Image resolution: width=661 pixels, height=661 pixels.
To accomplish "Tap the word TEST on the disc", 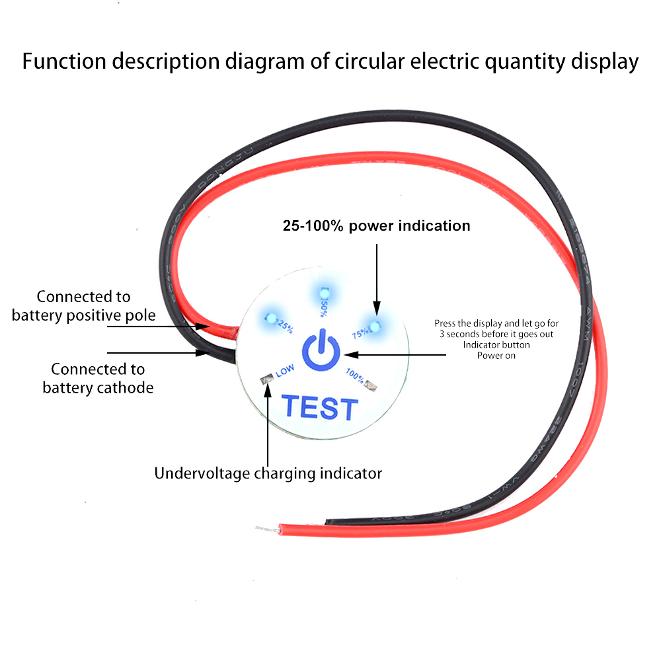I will (x=321, y=408).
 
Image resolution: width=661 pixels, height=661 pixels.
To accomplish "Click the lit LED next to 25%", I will (x=270, y=317).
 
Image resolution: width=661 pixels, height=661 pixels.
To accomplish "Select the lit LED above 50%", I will (x=323, y=293).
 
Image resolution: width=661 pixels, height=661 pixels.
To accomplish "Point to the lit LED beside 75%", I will (x=374, y=326).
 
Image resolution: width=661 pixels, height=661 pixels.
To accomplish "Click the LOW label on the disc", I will (x=285, y=371).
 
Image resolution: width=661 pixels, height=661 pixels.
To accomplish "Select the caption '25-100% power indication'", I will (x=376, y=226).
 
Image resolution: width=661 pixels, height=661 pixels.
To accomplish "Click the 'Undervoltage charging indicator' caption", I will (x=268, y=473).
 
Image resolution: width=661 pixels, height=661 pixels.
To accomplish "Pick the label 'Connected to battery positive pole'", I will (x=83, y=306).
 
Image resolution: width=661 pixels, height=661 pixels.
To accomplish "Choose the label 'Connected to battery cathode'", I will (x=98, y=378).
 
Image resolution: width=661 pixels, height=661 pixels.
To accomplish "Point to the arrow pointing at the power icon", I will (x=397, y=354).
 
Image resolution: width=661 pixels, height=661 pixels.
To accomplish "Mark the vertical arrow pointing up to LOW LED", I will (x=268, y=423).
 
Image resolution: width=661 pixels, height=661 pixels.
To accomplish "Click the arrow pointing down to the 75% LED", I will (x=376, y=278).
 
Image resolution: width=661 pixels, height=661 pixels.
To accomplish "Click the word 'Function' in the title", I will (x=65, y=61).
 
